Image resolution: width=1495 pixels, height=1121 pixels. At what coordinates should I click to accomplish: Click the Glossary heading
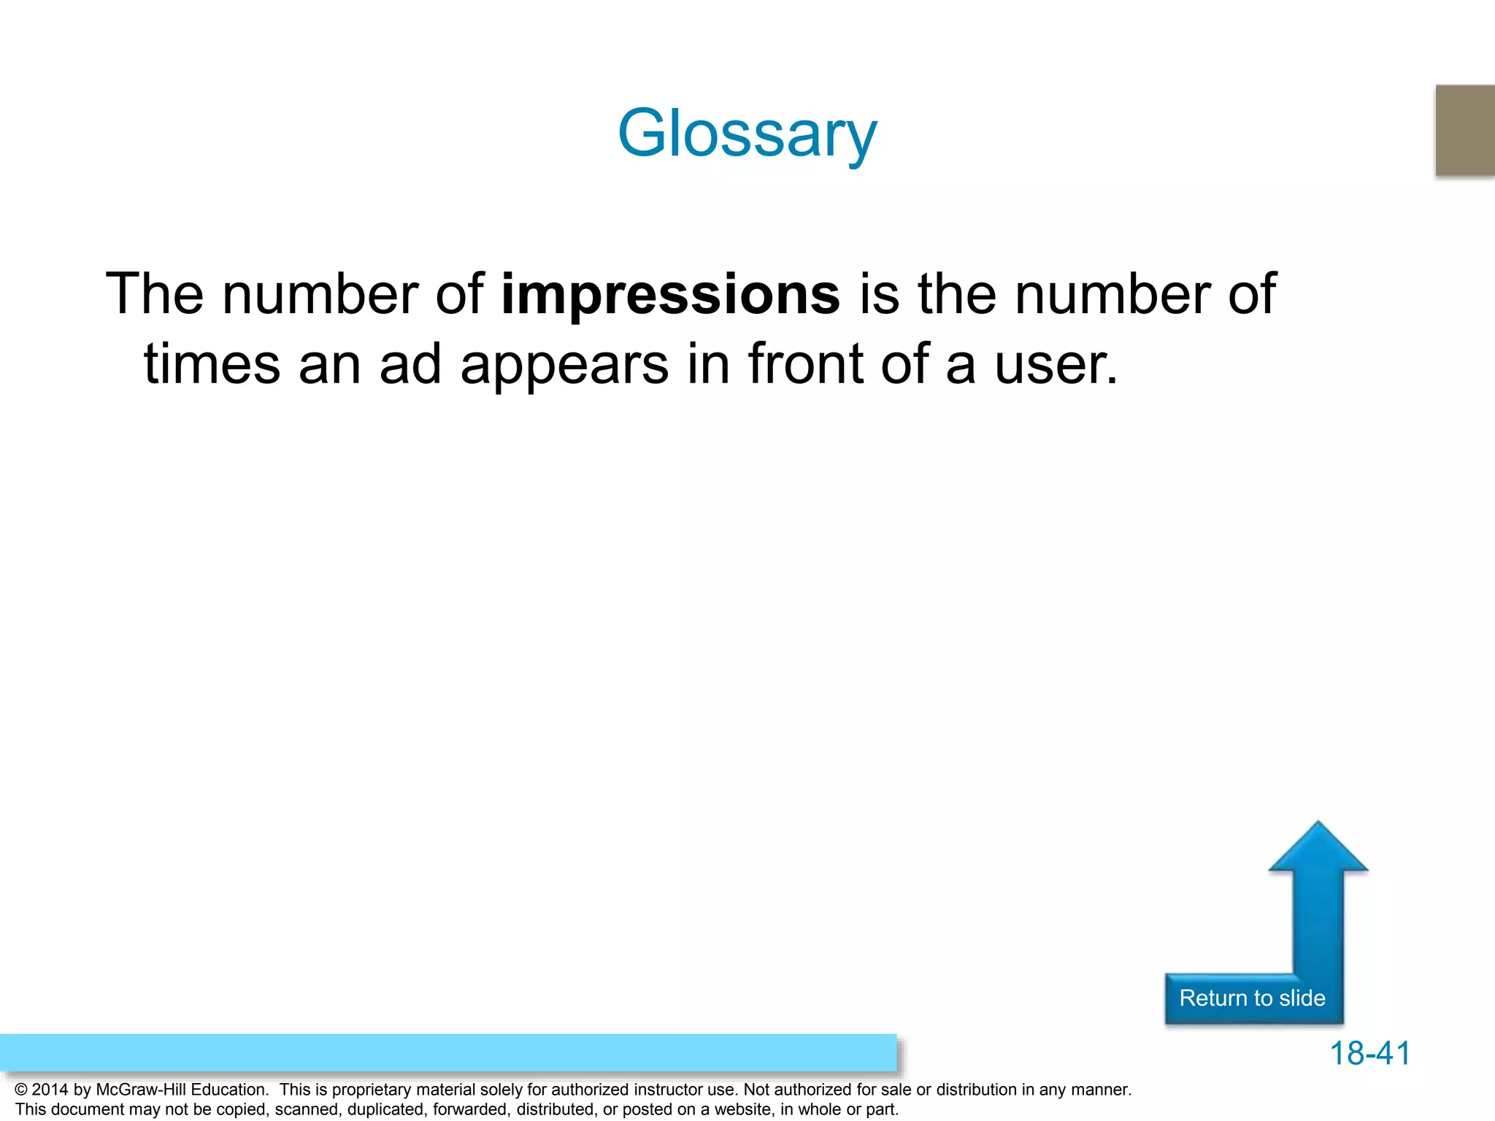tap(747, 134)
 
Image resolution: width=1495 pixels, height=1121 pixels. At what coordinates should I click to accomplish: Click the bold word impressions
tap(670, 294)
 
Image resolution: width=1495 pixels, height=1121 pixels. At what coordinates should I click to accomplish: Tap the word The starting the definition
tap(154, 294)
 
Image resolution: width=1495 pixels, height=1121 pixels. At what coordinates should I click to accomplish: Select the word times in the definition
tap(212, 364)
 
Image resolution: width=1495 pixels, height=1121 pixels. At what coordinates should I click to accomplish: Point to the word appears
tap(564, 364)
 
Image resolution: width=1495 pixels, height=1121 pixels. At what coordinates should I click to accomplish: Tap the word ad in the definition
tap(410, 364)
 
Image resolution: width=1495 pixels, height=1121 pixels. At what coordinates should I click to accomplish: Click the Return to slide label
tap(1252, 998)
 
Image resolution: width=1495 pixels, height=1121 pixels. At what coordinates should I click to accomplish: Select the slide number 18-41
tap(1369, 1053)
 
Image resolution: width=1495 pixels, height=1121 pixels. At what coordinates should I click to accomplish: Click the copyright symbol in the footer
tap(21, 1090)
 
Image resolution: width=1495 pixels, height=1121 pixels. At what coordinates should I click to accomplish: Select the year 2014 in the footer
tap(50, 1090)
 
